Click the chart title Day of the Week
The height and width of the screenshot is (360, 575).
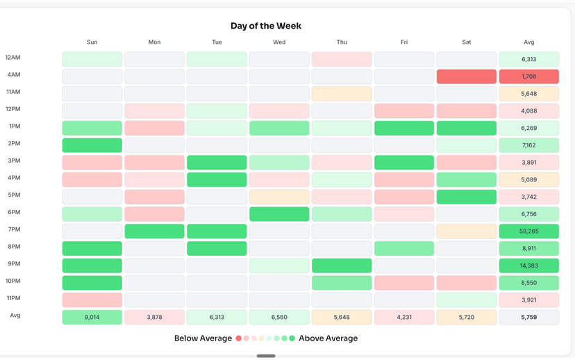click(266, 26)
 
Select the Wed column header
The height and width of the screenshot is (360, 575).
click(279, 42)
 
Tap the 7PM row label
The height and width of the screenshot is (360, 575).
click(14, 229)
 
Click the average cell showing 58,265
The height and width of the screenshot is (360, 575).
click(528, 231)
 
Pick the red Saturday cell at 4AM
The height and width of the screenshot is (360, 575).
click(466, 76)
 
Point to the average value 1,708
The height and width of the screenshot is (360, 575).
click(528, 76)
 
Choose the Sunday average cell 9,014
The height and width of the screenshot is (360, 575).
click(92, 317)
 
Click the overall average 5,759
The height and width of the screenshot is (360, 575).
click(528, 317)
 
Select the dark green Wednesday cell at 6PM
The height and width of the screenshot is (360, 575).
click(279, 214)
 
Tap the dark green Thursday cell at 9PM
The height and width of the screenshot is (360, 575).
click(342, 265)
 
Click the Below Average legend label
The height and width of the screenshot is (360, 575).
click(203, 338)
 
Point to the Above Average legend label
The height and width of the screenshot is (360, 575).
click(328, 338)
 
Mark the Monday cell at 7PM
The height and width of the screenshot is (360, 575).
click(154, 231)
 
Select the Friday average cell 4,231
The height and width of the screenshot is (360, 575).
click(404, 317)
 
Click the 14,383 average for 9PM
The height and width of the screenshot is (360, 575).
click(528, 265)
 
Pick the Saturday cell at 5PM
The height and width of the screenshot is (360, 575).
click(466, 197)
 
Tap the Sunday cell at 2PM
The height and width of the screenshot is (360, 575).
click(92, 145)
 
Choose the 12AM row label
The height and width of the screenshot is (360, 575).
click(13, 58)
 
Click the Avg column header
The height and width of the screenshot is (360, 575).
click(528, 42)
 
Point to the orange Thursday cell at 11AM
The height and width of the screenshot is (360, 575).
click(342, 94)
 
